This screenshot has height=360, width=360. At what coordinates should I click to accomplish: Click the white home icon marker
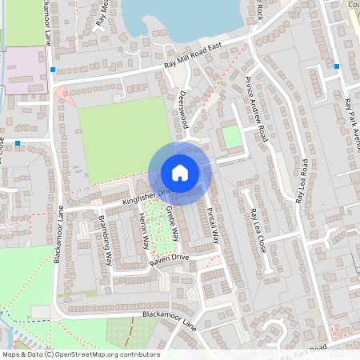pos(180,173)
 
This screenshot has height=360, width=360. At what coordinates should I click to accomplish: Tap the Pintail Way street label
pos(214,225)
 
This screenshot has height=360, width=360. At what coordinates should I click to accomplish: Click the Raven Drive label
pos(168,258)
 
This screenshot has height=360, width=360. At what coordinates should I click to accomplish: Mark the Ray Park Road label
pos(300,350)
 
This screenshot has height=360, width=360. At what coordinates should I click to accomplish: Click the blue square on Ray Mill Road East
pos(53,70)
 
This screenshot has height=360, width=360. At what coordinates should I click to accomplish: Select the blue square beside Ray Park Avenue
pos(337,66)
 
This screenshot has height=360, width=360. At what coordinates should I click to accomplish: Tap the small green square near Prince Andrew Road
pos(231,137)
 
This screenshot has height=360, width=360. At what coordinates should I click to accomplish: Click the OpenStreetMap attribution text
pos(82,354)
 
